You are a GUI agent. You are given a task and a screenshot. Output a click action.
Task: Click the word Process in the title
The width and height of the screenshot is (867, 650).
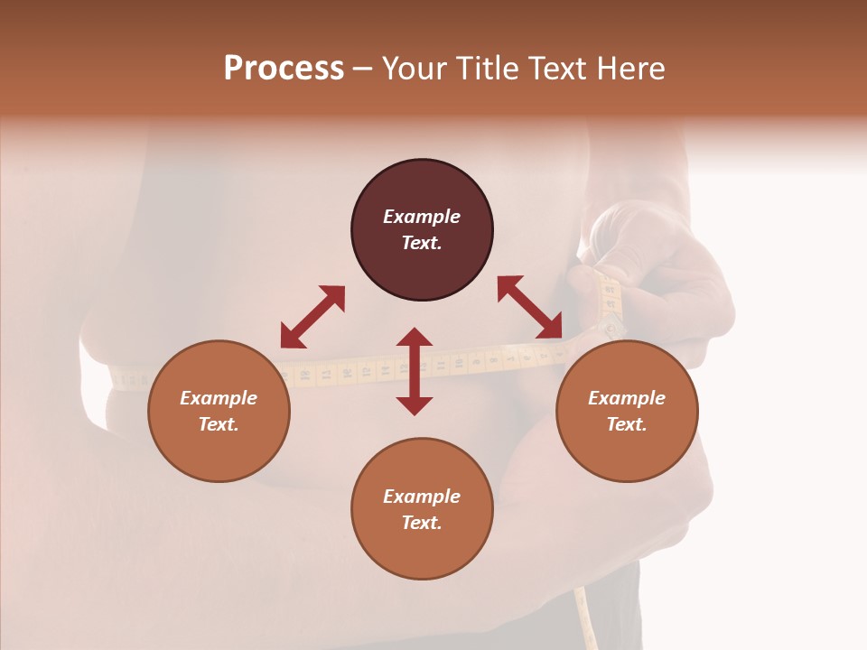click(284, 69)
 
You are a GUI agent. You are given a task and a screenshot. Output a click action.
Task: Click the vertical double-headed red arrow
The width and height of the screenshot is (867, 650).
click(415, 371)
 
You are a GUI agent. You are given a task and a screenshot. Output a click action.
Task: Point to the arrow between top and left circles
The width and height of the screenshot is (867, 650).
click(312, 317)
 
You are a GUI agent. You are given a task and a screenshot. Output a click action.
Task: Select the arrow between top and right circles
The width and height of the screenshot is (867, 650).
click(529, 308)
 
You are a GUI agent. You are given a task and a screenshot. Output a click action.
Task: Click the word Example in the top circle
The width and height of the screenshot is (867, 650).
click(422, 217)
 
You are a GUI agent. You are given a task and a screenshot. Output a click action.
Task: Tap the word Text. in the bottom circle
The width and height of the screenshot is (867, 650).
click(422, 523)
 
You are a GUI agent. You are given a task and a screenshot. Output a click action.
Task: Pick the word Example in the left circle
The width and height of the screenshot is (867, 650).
click(219, 398)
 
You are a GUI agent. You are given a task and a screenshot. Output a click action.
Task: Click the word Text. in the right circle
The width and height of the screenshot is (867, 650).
click(627, 424)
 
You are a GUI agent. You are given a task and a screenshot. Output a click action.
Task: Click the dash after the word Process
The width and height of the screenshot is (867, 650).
click(363, 70)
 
